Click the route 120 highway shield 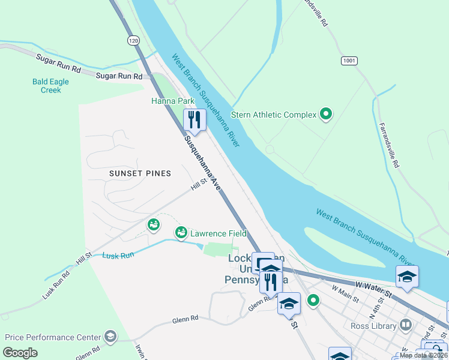tap(133, 40)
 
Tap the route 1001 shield tap(349, 61)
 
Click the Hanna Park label tap(173, 101)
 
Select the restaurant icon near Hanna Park tap(194, 119)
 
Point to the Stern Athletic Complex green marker tap(326, 113)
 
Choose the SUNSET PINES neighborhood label tap(140, 173)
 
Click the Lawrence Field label tap(218, 233)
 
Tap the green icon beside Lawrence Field tap(181, 232)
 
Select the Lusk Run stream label tap(118, 256)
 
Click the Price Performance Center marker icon tap(110, 337)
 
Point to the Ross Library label tap(373, 326)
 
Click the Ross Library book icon tap(406, 325)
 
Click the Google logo tap(20, 353)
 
